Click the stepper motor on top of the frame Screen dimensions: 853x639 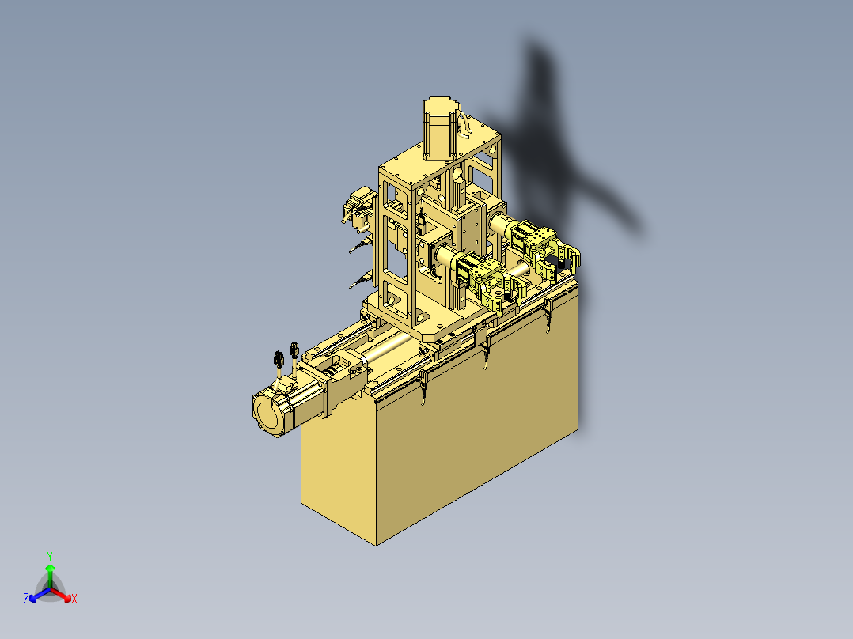click(x=439, y=128)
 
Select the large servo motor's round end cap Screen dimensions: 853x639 click(x=267, y=412)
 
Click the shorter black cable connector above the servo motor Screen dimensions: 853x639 click(x=279, y=358)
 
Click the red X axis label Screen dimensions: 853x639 click(x=74, y=599)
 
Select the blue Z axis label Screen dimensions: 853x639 click(x=26, y=598)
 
